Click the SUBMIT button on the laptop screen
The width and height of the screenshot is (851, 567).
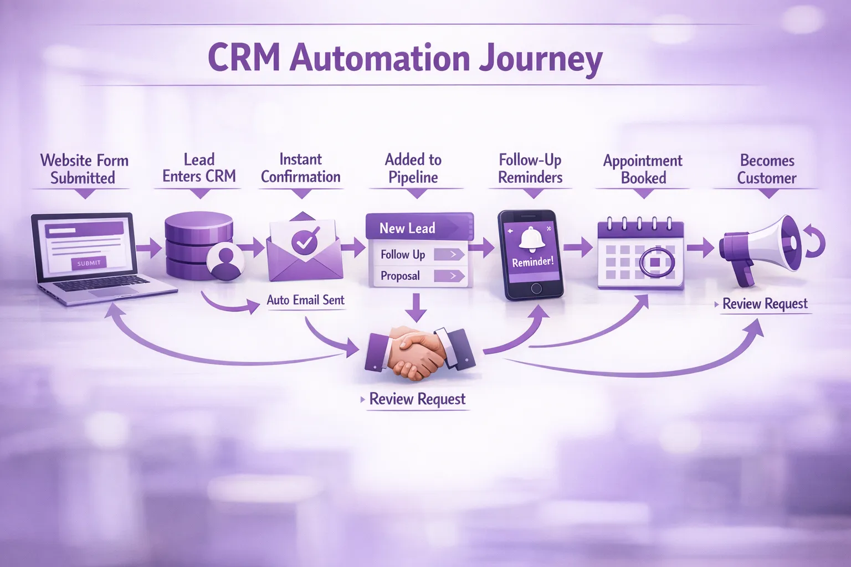coord(89,263)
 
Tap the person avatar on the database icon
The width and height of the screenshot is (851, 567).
coord(225,260)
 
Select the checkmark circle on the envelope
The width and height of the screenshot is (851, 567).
coord(304,241)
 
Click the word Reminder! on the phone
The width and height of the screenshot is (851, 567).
coord(532,262)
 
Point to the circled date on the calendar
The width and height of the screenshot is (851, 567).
coord(657,261)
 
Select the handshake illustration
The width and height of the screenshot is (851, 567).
coord(419,351)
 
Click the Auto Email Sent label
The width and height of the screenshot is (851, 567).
coord(305,300)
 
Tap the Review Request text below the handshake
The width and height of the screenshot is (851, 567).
coord(417,399)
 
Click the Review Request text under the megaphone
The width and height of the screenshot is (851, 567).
coord(765,304)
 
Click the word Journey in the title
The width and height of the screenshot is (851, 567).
coord(541,58)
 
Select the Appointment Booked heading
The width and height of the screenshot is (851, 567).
coord(643,169)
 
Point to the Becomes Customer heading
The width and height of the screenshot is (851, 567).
coord(767,169)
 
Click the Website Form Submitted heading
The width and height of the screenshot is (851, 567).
coord(84,169)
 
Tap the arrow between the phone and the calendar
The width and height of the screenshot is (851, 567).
coord(578,247)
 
